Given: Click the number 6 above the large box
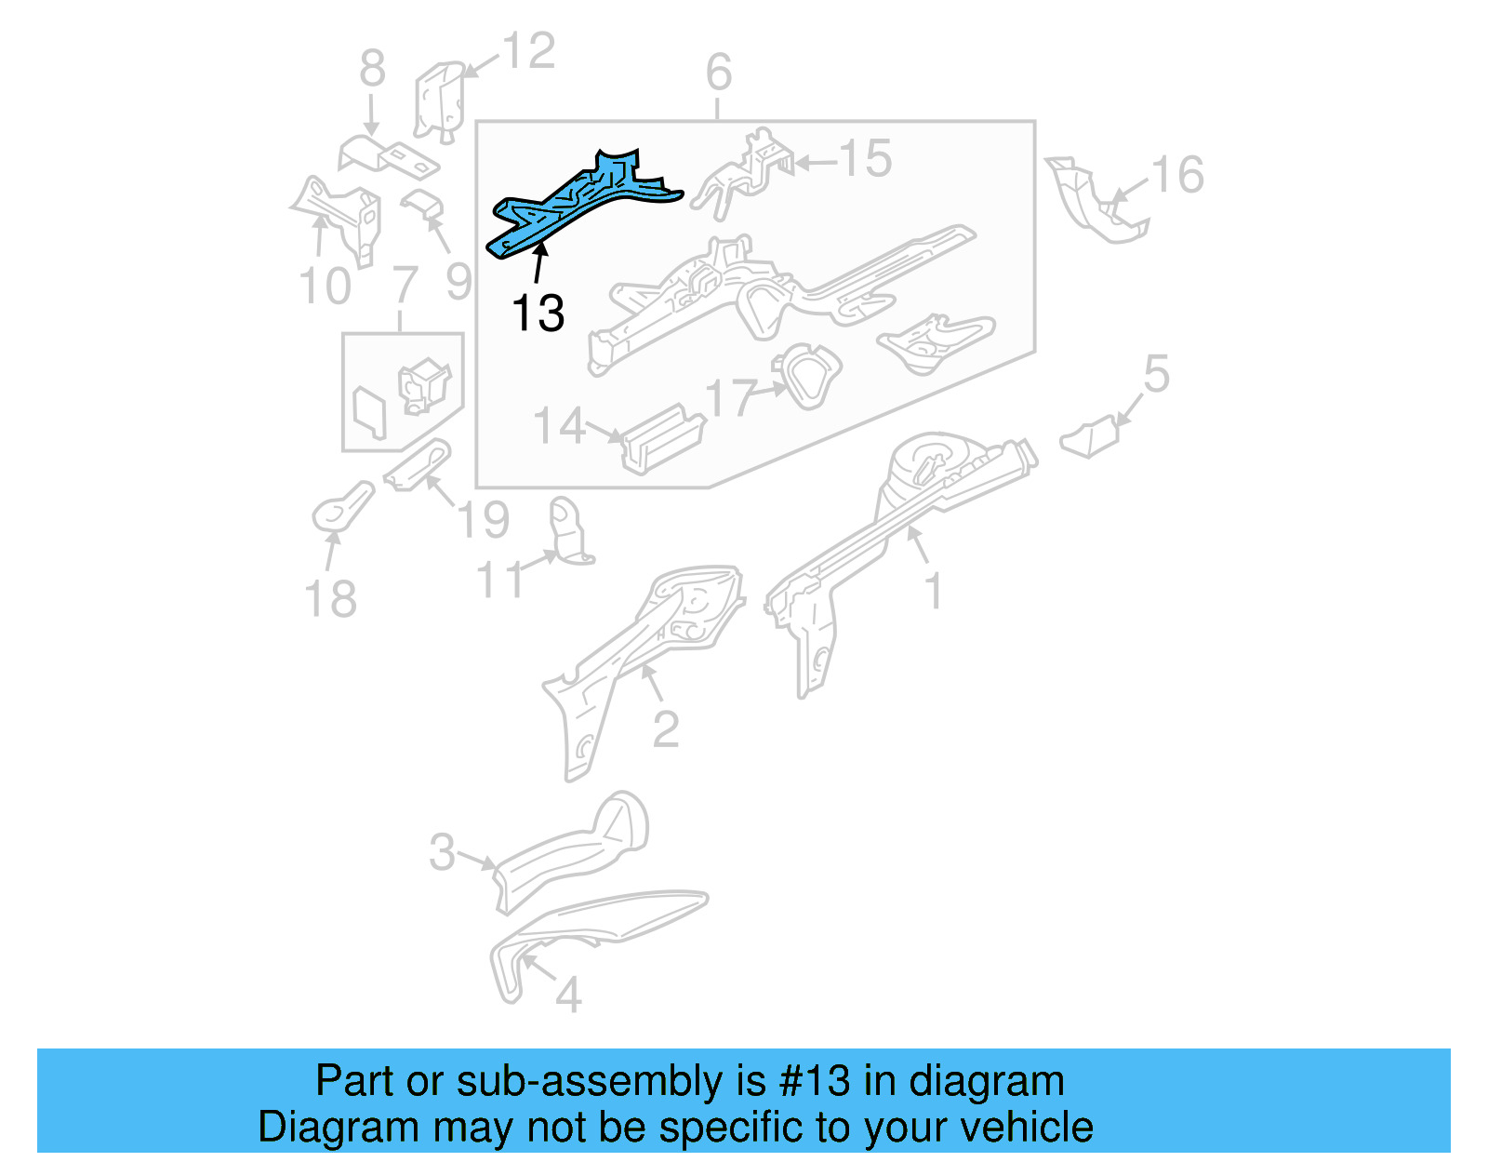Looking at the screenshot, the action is (718, 72).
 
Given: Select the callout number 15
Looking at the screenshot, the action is (865, 159).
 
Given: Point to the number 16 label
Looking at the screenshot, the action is (1177, 175).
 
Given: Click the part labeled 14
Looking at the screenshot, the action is (662, 439).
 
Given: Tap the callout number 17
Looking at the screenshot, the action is (729, 398).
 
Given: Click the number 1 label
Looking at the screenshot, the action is (934, 591).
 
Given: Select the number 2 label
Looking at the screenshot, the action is (665, 729).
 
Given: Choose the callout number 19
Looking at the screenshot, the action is (484, 519).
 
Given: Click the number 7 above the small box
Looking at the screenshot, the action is (404, 284).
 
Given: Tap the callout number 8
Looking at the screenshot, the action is (372, 69).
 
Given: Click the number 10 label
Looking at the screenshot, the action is (325, 286).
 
